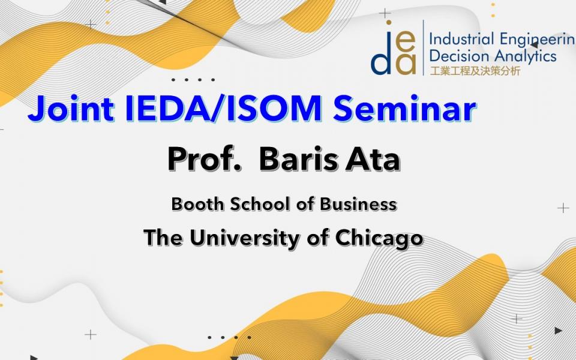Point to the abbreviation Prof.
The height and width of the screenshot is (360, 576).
tap(204, 158)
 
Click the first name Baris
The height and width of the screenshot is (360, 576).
tap(299, 158)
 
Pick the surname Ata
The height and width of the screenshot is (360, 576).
tap(373, 158)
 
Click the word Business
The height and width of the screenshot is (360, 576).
tap(359, 204)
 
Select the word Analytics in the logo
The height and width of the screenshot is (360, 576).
tap(526, 56)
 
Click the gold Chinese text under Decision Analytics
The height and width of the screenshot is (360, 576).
tap(475, 71)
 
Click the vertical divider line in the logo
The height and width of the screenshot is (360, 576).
tap(423, 48)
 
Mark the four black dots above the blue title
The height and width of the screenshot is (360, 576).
tap(193, 79)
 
